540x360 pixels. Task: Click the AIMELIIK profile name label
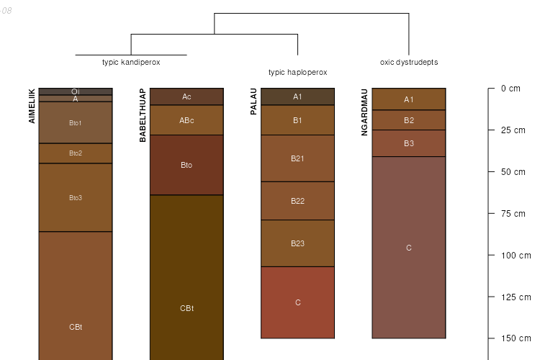[32, 106]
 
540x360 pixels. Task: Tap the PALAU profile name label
[253, 102]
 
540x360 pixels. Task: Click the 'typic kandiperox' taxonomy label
[131, 62]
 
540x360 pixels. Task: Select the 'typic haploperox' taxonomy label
[297, 72]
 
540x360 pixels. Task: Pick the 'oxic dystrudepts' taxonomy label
[408, 62]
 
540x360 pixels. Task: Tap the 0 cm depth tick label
[510, 89]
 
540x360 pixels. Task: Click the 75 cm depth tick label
[512, 213]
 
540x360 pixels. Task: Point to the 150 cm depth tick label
[514, 338]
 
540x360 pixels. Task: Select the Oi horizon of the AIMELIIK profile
[76, 91]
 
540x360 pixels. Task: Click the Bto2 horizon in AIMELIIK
[76, 153]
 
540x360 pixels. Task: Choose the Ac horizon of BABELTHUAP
[186, 96]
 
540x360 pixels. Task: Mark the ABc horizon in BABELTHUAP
[186, 120]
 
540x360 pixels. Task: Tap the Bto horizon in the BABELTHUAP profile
[186, 165]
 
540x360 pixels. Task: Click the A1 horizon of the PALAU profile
[297, 96]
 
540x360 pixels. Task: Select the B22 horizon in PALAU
[297, 201]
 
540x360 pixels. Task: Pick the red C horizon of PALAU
[297, 302]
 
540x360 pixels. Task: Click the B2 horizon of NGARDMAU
[408, 120]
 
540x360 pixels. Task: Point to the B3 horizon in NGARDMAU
[408, 143]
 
